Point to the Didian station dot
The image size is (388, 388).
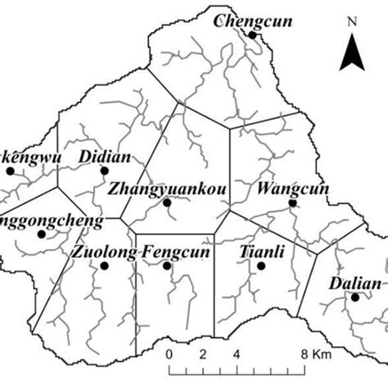click(x=104, y=170)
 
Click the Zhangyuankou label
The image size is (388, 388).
click(x=166, y=189)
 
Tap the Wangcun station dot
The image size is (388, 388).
click(x=293, y=202)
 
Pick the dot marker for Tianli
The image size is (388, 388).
click(x=261, y=265)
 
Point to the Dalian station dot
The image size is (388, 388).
click(x=355, y=297)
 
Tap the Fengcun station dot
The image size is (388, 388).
click(x=167, y=265)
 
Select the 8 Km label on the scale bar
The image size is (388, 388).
click(x=314, y=354)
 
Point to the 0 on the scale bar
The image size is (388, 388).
click(x=169, y=354)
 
